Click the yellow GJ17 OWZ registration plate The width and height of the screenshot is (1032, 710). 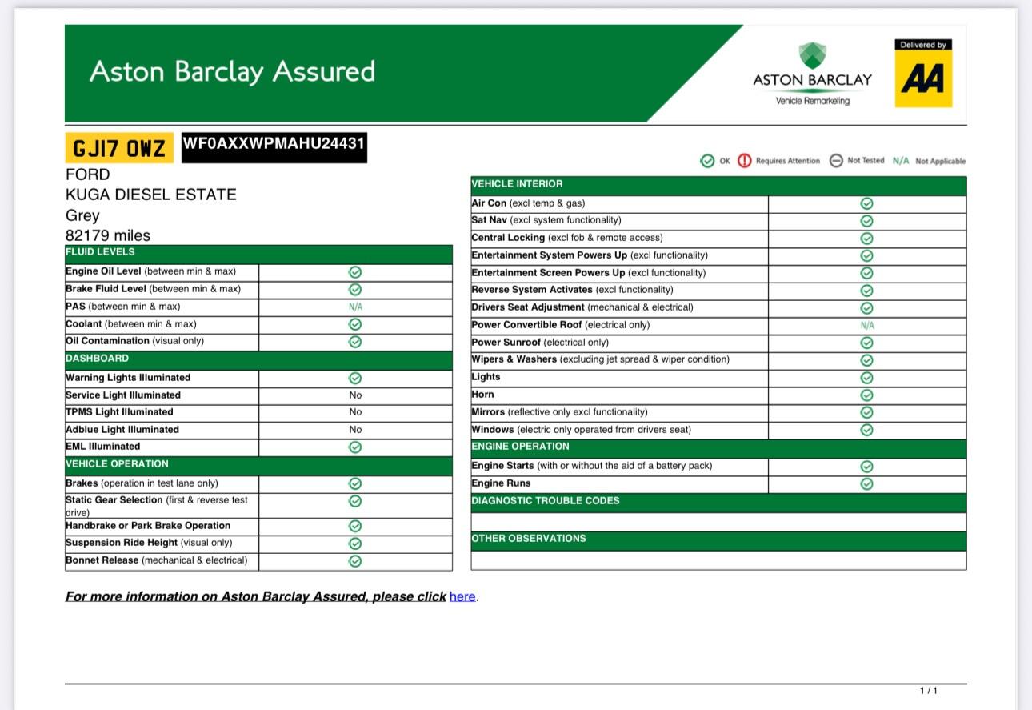pos(118,148)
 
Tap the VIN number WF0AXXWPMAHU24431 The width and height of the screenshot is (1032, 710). pos(274,144)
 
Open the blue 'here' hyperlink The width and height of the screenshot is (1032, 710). pos(462,596)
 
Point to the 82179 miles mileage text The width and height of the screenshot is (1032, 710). pos(108,235)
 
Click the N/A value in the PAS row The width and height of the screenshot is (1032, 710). pos(355,307)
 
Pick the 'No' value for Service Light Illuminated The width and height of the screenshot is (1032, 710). pos(355,395)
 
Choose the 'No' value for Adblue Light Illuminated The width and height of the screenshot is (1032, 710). pos(355,430)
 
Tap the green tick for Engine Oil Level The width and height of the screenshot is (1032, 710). pos(355,272)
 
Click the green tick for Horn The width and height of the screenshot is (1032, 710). pos(866,395)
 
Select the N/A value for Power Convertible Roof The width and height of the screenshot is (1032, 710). pos(866,326)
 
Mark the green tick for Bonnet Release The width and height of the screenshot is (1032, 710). pos(355,561)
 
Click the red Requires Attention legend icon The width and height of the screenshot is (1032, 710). pos(745,161)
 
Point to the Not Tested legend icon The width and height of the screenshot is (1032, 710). pos(836,161)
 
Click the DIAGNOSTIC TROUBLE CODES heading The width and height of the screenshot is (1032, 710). pos(545,501)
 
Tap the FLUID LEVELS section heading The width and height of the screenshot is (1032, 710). pos(100,252)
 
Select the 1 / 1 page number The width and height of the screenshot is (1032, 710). pos(928,690)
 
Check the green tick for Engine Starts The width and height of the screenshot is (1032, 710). pos(866,467)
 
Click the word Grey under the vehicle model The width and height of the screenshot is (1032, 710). pos(82,215)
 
